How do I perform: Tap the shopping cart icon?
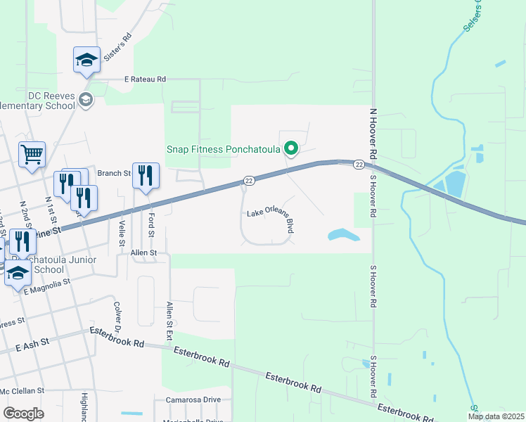pos(32,153)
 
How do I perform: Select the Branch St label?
pos(114,173)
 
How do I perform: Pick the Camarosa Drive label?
pos(193,399)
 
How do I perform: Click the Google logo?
pos(24,413)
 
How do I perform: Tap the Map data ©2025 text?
pos(494,416)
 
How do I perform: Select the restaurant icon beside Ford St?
pos(146,175)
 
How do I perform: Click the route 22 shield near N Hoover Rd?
pos(358,165)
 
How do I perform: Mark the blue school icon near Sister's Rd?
pos(86,59)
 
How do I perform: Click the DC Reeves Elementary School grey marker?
pos(86,100)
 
